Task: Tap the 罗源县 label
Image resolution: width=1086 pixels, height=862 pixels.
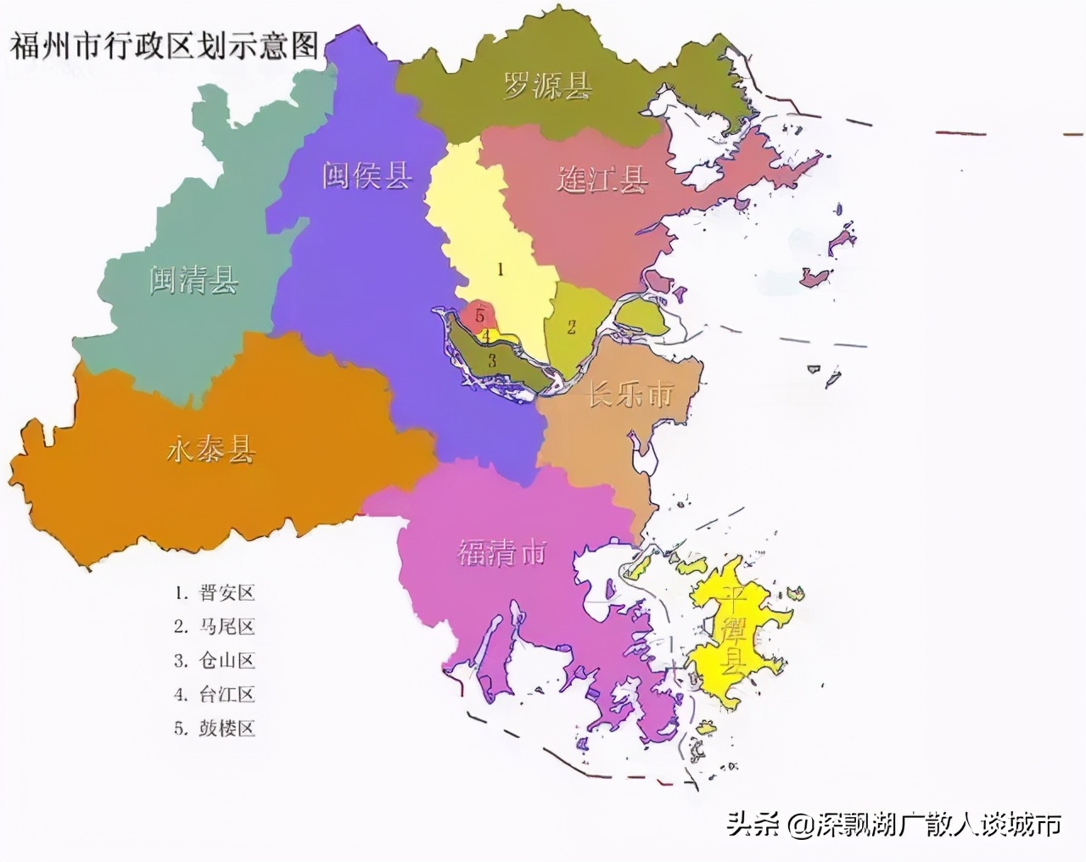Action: [548, 85]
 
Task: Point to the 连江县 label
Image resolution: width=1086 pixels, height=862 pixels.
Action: [602, 179]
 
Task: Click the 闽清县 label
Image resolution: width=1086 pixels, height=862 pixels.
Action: [194, 278]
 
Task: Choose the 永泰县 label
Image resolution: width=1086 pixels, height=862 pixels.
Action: [210, 450]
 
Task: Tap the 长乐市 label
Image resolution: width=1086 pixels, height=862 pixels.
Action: [630, 394]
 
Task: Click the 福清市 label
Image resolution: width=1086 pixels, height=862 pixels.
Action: [501, 552]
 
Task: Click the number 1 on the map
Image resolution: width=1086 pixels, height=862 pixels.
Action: [501, 270]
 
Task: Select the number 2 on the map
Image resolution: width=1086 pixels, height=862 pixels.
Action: [572, 326]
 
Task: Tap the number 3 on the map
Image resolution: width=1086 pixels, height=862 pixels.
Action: [491, 360]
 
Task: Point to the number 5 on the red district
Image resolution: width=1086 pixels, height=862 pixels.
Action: [480, 316]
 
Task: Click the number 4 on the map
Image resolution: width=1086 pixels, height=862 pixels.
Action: [486, 336]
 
